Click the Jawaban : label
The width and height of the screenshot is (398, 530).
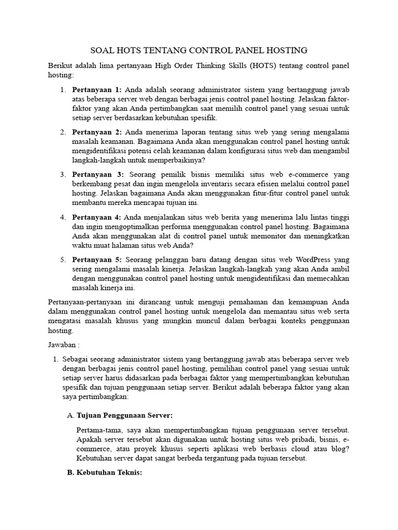(x=64, y=344)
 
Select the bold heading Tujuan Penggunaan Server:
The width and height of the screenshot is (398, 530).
(x=124, y=416)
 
